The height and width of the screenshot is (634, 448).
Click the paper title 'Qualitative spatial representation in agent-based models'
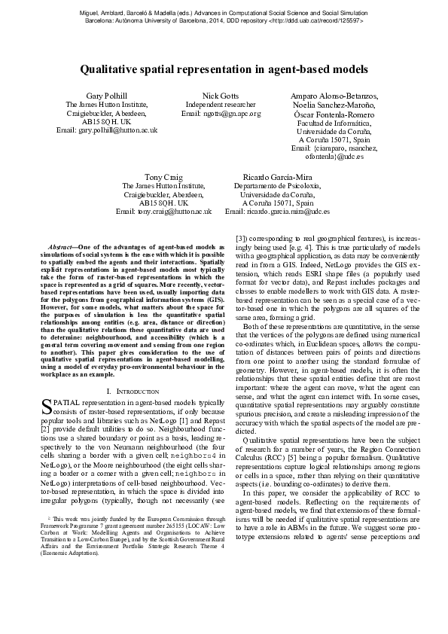coord(224,69)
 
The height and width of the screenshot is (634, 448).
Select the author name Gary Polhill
coord(107,97)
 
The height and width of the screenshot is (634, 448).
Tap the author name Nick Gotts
coord(221,97)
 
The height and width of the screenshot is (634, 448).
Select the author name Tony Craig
coord(163,175)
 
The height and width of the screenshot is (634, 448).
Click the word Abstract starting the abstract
coord(62,247)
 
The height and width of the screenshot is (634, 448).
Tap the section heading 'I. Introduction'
coord(133,392)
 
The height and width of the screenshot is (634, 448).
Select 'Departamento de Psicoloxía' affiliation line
coord(276,185)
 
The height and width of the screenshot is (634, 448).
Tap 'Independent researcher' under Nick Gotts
coord(221,105)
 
